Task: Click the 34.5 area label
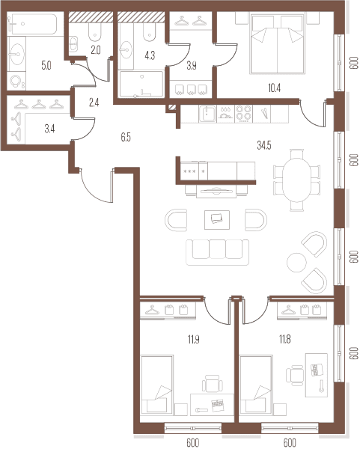(263, 146)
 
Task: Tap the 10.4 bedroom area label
(274, 88)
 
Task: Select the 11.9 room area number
(194, 340)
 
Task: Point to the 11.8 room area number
(285, 339)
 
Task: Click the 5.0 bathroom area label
(46, 66)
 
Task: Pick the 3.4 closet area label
(49, 129)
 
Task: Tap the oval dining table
(296, 180)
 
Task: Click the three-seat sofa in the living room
(217, 252)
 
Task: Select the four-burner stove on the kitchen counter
(243, 114)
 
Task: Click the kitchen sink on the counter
(208, 114)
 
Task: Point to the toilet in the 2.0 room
(95, 31)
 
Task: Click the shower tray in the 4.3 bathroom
(141, 84)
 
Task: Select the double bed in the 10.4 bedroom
(277, 44)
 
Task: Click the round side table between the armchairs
(296, 263)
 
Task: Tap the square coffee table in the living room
(217, 220)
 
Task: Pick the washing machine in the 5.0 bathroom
(16, 81)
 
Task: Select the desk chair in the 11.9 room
(213, 383)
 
